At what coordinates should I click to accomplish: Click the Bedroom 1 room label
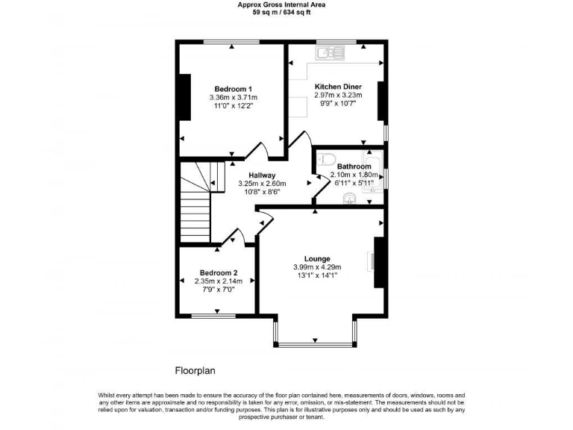click(x=233, y=88)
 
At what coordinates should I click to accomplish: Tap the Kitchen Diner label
click(x=338, y=86)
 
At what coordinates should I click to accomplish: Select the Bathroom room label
click(x=353, y=166)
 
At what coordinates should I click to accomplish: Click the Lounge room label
click(x=317, y=259)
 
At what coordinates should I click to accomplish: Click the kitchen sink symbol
click(x=328, y=53)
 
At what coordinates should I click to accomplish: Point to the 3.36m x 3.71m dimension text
click(x=233, y=97)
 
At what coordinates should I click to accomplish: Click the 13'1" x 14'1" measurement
click(x=317, y=275)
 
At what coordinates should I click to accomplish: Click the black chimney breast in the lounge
click(x=378, y=263)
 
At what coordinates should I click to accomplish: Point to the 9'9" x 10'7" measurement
click(x=338, y=104)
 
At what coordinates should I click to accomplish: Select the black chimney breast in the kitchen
click(x=381, y=102)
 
